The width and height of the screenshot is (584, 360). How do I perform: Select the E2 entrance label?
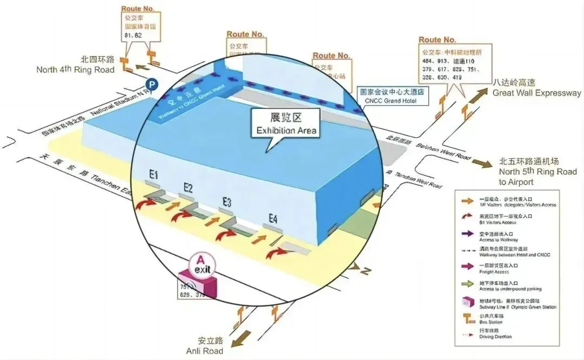[188, 188]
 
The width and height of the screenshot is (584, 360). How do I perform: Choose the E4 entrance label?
[274, 218]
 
